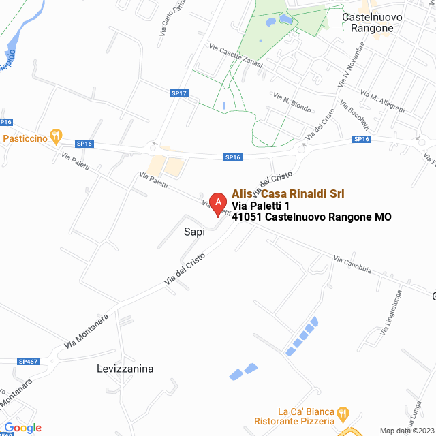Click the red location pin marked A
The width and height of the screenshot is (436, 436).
tap(217, 203)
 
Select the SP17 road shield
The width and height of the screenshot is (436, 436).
tap(179, 93)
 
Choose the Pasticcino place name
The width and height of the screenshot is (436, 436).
tap(25, 138)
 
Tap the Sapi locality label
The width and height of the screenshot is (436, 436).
tap(194, 232)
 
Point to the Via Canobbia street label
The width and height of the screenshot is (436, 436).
tap(352, 264)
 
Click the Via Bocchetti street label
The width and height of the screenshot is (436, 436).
tap(355, 118)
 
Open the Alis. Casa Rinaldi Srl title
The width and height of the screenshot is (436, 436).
tap(288, 193)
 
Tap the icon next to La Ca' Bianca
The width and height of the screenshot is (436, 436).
tap(343, 413)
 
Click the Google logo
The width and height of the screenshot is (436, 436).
tap(23, 428)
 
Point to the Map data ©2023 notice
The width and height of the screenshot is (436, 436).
tap(406, 431)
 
